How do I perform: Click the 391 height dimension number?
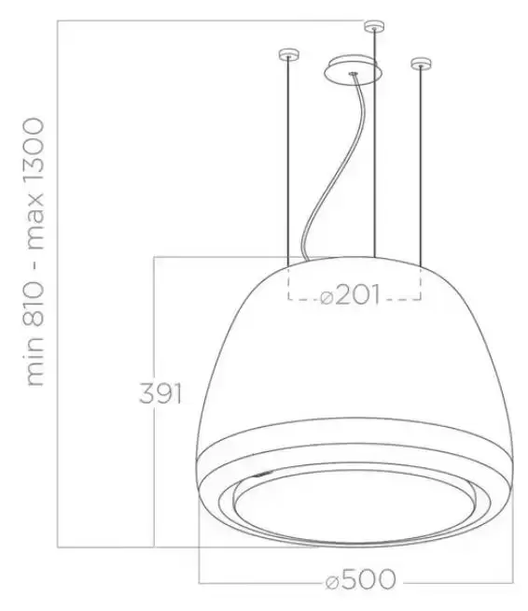click(x=160, y=393)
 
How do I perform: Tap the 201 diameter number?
click(x=357, y=294)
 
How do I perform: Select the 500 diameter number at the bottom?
click(x=369, y=579)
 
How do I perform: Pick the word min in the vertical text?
click(x=35, y=360)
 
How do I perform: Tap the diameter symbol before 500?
click(x=332, y=582)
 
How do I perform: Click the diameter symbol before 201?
click(x=327, y=298)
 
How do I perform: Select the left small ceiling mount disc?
click(x=288, y=54)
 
